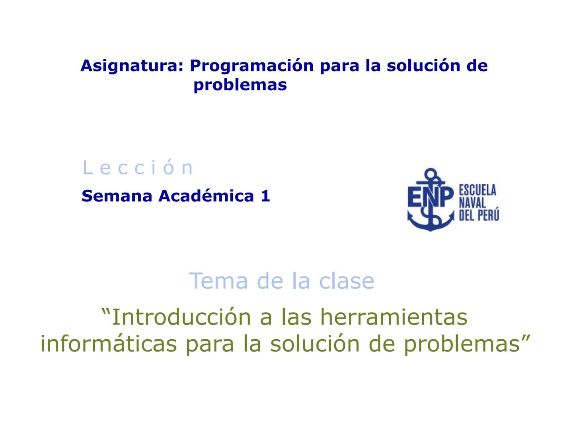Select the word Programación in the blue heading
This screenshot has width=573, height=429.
click(x=251, y=66)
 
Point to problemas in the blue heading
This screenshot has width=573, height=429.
click(x=240, y=85)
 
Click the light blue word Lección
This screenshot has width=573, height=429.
click(x=138, y=168)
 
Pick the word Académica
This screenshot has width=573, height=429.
click(x=206, y=196)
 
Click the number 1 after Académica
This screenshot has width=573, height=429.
click(x=265, y=196)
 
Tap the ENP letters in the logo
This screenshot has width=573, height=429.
click(x=430, y=197)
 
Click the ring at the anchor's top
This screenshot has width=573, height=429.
click(x=430, y=174)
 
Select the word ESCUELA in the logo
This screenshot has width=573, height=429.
click(x=477, y=190)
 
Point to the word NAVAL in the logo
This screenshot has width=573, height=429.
click(x=472, y=203)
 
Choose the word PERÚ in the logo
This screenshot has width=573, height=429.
click(x=488, y=215)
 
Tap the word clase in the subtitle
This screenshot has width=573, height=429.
click(x=347, y=281)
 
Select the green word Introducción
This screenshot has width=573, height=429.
click(x=181, y=317)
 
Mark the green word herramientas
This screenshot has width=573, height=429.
click(x=394, y=317)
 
